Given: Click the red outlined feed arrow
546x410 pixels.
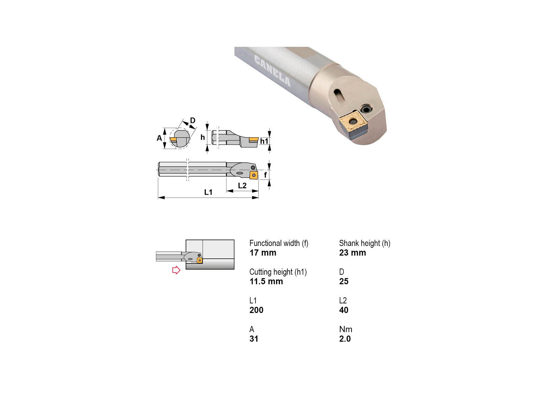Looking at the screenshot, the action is [x=176, y=270].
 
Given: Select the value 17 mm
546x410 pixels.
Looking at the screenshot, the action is [x=263, y=253].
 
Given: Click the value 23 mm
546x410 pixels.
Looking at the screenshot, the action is [x=353, y=253].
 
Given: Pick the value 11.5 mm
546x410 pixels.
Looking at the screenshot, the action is [x=266, y=281].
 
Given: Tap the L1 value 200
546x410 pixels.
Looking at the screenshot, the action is [x=256, y=310].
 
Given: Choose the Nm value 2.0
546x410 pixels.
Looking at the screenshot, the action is [x=345, y=339].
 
